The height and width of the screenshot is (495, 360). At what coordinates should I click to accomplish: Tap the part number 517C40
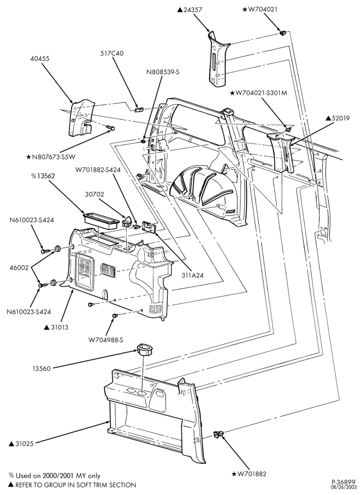tap(112, 53)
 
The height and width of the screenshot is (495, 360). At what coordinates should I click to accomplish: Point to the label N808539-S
tap(163, 72)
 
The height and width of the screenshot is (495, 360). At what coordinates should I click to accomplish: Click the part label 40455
tap(40, 59)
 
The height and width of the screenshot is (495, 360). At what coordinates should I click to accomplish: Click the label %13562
tap(43, 176)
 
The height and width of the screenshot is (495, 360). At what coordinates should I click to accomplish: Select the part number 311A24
tap(192, 275)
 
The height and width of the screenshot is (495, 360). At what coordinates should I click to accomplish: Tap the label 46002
tap(19, 268)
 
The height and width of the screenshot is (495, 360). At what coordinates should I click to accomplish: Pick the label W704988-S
tap(106, 340)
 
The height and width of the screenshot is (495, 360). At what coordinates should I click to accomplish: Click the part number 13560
tap(42, 368)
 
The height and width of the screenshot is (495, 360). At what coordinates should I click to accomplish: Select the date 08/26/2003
tap(347, 488)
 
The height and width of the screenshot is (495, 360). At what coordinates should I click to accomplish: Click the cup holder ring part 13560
tap(145, 349)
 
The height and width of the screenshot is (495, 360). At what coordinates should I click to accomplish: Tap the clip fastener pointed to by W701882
tap(218, 435)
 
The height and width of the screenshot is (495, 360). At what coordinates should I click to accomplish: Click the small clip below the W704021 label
tap(282, 32)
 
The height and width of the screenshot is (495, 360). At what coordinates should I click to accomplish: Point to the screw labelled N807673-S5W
tap(110, 127)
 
